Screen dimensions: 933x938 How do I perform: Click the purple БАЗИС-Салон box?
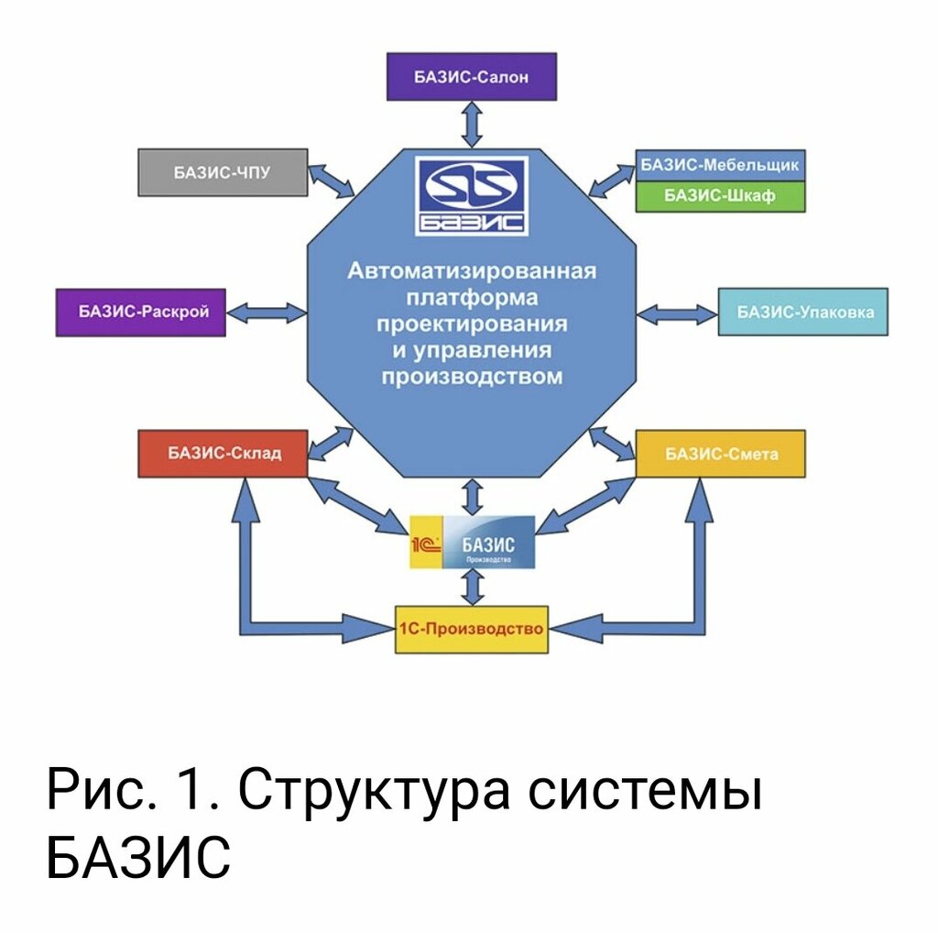(x=472, y=77)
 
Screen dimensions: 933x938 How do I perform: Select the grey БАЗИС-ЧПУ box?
(x=223, y=171)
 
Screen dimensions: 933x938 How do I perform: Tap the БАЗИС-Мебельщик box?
(x=720, y=166)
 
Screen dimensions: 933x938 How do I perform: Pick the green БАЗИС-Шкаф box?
(x=720, y=196)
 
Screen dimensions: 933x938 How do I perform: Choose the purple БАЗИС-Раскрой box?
(x=140, y=312)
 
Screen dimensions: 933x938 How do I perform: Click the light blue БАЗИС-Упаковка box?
(x=802, y=312)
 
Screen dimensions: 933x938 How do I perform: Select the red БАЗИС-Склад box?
(x=223, y=453)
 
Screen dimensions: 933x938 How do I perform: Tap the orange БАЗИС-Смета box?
(x=720, y=453)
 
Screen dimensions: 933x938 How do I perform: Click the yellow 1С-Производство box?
(x=472, y=629)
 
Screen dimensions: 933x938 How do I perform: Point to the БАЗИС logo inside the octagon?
(x=472, y=196)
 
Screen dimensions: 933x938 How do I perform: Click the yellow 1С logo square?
(x=426, y=543)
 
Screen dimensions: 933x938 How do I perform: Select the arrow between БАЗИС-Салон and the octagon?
(x=472, y=124)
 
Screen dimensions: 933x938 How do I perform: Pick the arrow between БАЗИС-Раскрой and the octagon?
(x=266, y=313)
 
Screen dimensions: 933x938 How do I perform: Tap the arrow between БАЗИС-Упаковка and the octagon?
(x=677, y=314)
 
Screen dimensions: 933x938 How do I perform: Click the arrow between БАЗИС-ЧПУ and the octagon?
(x=333, y=181)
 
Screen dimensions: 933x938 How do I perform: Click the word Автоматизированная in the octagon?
(x=472, y=271)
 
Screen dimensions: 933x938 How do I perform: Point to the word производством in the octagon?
(x=472, y=377)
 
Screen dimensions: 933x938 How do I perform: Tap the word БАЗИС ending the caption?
(x=137, y=858)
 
